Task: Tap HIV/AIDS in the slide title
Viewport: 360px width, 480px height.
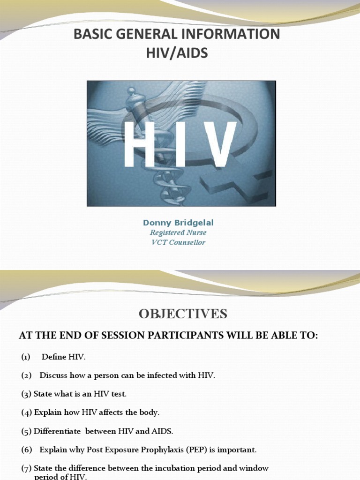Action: (177, 53)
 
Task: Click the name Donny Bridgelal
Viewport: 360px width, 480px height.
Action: (178, 223)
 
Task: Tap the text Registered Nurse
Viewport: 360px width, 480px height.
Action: (178, 232)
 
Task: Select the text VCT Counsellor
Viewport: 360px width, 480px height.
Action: (178, 242)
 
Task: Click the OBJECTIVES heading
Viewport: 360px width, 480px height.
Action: (183, 314)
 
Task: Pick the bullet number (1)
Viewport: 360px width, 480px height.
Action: (25, 357)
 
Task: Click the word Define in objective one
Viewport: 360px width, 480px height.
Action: (54, 357)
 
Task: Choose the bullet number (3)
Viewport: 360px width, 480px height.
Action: (26, 394)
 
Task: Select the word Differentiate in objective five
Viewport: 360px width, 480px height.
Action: (55, 431)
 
